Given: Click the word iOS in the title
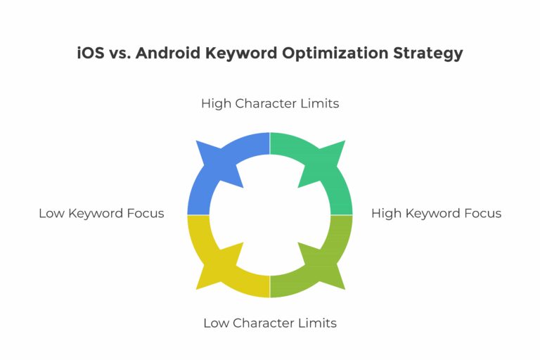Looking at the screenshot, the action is [x=91, y=53].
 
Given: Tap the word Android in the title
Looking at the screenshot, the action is [x=168, y=53].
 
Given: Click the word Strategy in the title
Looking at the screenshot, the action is [x=428, y=53].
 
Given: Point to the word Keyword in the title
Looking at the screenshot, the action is [x=241, y=53].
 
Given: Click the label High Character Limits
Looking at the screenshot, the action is [x=270, y=103].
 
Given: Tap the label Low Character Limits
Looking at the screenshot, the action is [x=270, y=323].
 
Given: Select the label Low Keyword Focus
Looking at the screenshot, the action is [x=101, y=213].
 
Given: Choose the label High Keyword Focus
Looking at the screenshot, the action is [x=436, y=213].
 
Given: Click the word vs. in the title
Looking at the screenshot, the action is [x=120, y=53].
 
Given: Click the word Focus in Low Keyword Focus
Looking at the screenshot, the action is [x=146, y=213].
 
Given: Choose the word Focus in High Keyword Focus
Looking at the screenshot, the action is [x=483, y=213].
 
